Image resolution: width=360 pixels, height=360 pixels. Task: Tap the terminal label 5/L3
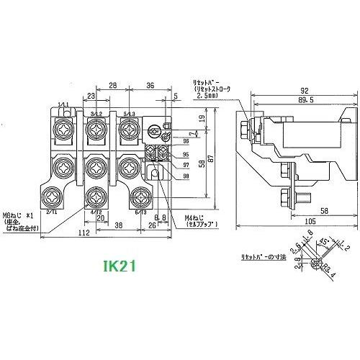(128, 114)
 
